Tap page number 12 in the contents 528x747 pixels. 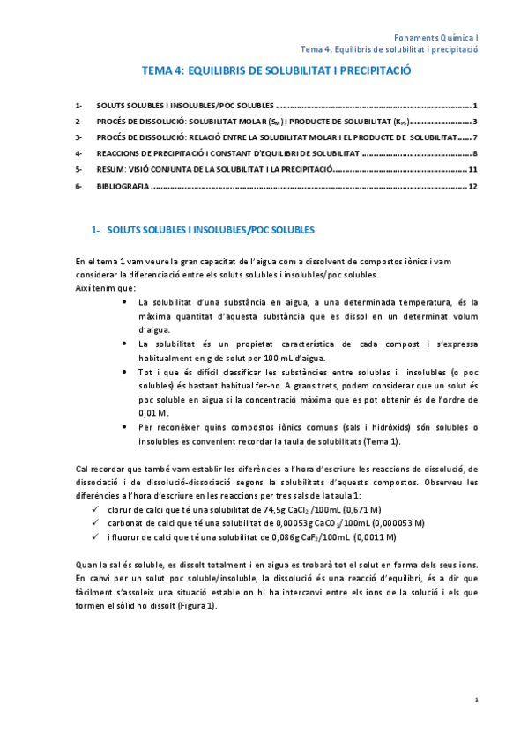click(472, 187)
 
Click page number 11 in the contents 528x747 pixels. click(472, 170)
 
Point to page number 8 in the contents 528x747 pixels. click(475, 153)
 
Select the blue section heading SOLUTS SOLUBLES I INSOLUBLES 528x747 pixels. click(210, 231)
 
